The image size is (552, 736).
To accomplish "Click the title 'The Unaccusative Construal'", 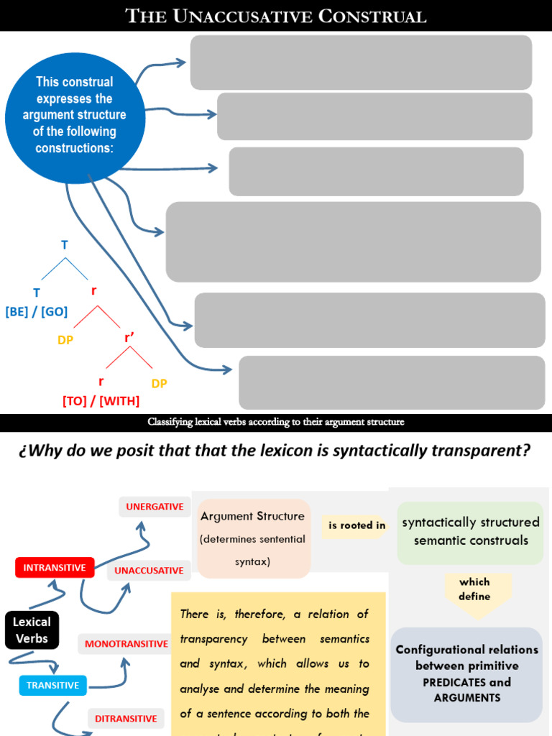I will [276, 16].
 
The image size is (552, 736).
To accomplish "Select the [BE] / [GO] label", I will [37, 312].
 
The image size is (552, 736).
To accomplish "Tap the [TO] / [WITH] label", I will [101, 401].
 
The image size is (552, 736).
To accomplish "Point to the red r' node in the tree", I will [130, 337].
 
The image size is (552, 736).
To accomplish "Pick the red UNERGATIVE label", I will [155, 507].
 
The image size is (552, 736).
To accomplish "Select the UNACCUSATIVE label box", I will [149, 571].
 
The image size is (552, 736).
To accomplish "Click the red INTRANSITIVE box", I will [55, 567].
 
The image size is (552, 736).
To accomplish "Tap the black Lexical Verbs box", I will [32, 630].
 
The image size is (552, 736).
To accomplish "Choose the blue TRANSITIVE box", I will [52, 685].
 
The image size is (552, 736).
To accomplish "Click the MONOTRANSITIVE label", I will [126, 644].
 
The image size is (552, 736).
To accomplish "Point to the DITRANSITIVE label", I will [126, 718].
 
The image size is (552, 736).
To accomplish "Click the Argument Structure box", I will [252, 538].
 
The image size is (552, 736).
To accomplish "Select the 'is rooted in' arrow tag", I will [356, 525].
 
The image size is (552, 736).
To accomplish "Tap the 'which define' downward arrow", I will [474, 591].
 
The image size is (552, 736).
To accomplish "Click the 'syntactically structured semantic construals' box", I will [470, 532].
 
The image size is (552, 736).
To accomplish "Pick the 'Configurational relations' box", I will [466, 673].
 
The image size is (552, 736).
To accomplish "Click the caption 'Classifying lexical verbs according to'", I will [276, 422].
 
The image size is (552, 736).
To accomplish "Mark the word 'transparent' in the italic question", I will [482, 451].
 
